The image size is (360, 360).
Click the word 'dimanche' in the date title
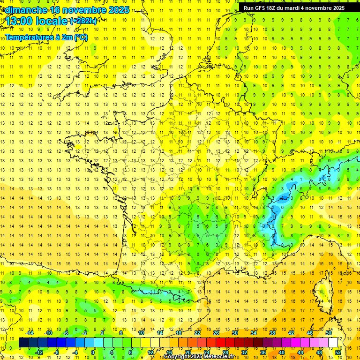tap(24, 10)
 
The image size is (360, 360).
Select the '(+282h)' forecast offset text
tap(83, 21)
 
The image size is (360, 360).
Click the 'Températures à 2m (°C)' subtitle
tap(46, 37)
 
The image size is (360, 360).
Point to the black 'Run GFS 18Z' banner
tap(294, 8)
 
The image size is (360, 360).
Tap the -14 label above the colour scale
tap(30, 333)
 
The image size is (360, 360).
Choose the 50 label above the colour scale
tap(328, 333)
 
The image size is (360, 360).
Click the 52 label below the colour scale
tap(338, 352)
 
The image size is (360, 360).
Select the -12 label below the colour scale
tap(39, 352)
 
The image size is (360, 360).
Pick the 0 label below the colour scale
tap(93, 352)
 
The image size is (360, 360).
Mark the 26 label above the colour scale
tap(216, 333)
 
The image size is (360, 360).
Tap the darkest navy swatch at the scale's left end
tap(24, 343)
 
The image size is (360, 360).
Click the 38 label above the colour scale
tap(272, 333)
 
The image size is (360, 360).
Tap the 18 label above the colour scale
tap(179, 333)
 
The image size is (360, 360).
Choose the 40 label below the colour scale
tap(282, 352)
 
